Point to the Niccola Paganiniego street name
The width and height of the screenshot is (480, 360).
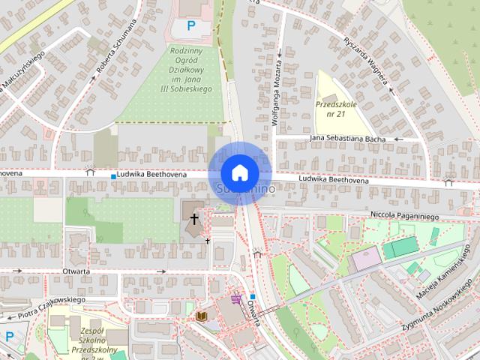pyautogui.click(x=403, y=215)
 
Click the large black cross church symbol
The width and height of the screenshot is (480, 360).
pyautogui.click(x=194, y=219)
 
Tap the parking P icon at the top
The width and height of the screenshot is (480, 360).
pyautogui.click(x=191, y=26)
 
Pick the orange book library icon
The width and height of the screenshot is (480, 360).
pyautogui.click(x=200, y=316)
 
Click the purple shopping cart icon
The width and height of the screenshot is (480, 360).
pyautogui.click(x=237, y=298)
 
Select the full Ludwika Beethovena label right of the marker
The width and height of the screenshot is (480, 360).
pyautogui.click(x=333, y=181)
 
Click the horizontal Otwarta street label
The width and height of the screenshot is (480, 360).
pyautogui.click(x=77, y=271)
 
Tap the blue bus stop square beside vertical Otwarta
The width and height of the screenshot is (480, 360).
pyautogui.click(x=253, y=297)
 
